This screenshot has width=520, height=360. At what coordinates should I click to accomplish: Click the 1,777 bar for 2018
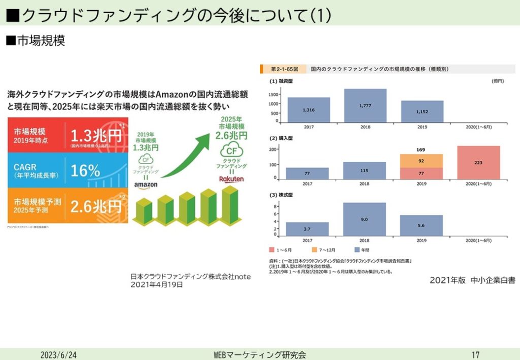(365, 106)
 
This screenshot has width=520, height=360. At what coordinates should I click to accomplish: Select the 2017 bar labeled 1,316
(308, 110)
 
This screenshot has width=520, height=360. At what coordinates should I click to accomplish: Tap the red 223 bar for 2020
(478, 162)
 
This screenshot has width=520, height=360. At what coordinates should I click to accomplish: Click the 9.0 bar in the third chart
(365, 219)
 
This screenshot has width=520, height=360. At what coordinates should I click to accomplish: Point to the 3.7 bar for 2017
(307, 228)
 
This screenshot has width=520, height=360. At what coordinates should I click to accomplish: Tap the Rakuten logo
(232, 179)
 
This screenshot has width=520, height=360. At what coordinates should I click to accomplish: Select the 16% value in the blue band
(85, 171)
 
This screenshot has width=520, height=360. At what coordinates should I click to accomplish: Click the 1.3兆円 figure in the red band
(96, 136)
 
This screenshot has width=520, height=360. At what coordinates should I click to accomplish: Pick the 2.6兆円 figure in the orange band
(96, 206)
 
